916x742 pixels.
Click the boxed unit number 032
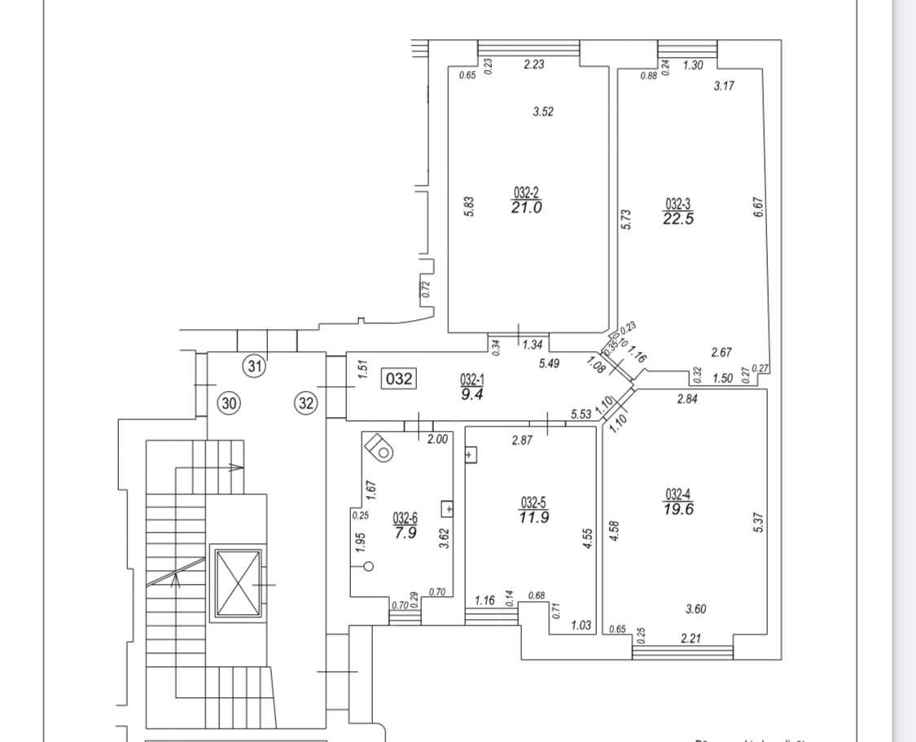[x=400, y=379]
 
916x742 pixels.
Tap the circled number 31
[x=256, y=367]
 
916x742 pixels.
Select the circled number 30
[x=230, y=402]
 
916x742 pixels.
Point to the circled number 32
[x=306, y=402]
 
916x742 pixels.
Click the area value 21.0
[x=527, y=208]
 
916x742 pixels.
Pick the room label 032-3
[x=678, y=204]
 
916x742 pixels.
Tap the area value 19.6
[x=678, y=509]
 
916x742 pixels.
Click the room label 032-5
[x=533, y=503]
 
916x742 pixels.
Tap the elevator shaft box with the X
[x=237, y=583]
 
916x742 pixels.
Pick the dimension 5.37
[x=759, y=522]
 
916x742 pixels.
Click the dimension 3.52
[x=543, y=112]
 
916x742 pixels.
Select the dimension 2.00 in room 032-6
[x=437, y=439]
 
